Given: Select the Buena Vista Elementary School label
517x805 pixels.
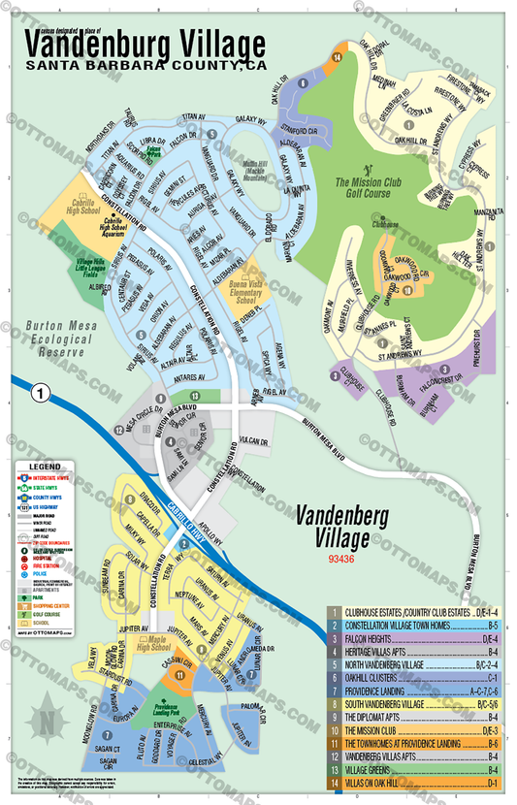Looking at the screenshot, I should click(242, 293).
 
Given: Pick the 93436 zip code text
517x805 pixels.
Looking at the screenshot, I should click(341, 559).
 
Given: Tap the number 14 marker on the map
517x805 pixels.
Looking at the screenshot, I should click(337, 59).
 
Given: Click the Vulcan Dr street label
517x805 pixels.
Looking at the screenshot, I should click(251, 439).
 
